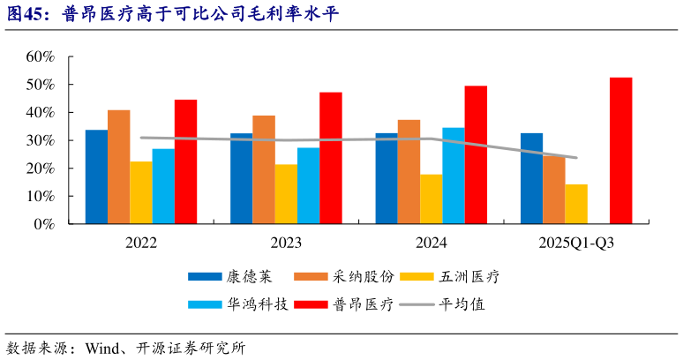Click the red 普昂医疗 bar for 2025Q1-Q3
(620, 151)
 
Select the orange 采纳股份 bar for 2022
(119, 167)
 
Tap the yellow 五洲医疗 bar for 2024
(431, 199)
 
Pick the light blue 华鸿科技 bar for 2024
(454, 176)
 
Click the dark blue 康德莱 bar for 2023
(241, 179)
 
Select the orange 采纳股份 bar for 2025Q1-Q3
(554, 190)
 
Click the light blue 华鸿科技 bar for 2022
(163, 186)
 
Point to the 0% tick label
(44, 224)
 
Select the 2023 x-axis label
(286, 243)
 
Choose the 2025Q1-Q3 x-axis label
(576, 243)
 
